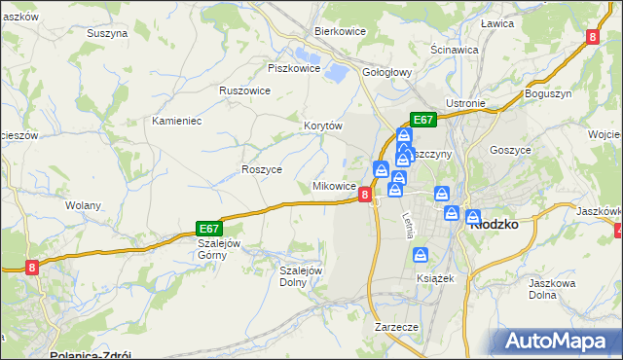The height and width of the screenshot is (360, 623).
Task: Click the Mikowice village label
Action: [x=332, y=186]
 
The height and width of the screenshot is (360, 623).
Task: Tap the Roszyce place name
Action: [x=261, y=169]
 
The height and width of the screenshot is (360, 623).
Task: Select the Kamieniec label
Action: [x=176, y=121]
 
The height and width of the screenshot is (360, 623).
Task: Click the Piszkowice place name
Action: [x=293, y=68]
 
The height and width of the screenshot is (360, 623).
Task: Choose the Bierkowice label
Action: [x=339, y=31]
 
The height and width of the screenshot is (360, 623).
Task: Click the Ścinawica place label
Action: [x=454, y=49]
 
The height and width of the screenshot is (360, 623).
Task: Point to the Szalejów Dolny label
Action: [x=301, y=276]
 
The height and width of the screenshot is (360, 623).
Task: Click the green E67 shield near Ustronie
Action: [x=422, y=120]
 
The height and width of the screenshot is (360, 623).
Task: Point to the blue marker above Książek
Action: [x=420, y=255]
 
